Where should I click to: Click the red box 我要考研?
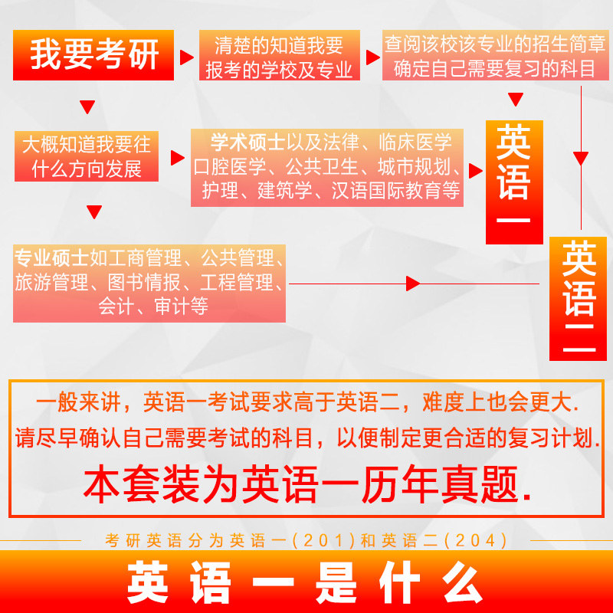point(94,55)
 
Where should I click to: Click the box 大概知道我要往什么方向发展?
point(86,156)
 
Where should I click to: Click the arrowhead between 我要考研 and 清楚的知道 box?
point(186,57)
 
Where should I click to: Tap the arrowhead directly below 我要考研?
point(87,107)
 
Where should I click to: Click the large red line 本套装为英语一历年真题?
point(306,484)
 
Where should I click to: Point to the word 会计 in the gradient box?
point(116,307)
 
